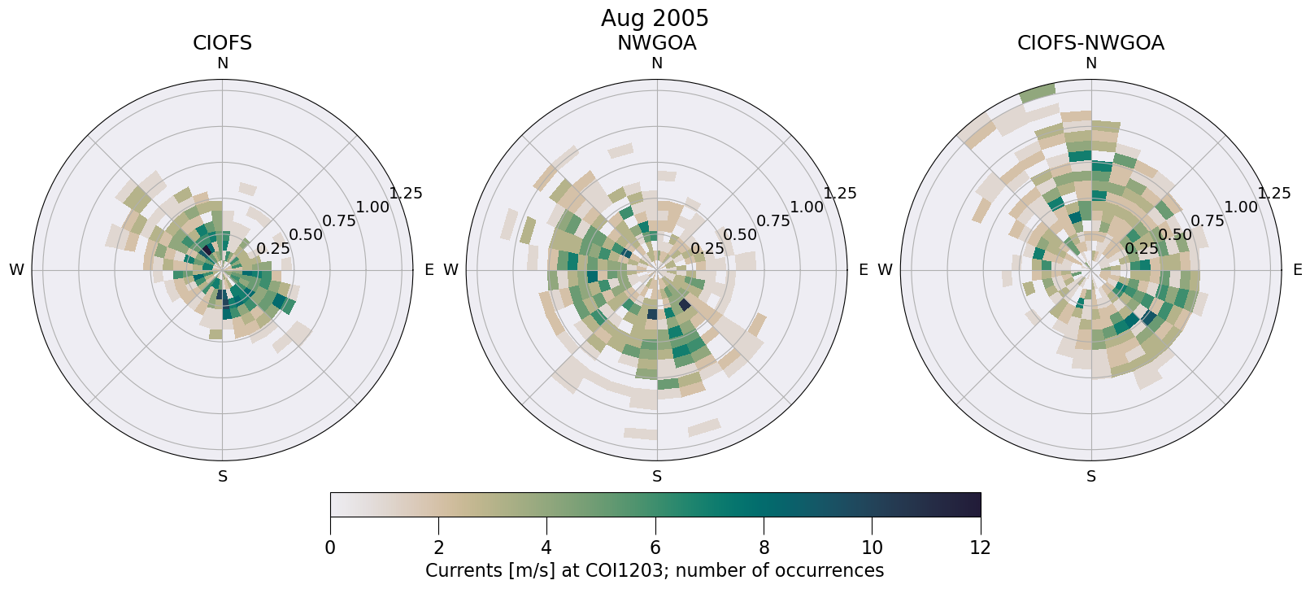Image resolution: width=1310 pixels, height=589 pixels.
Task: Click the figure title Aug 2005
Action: click(655, 18)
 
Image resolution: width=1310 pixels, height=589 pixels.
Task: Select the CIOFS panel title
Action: click(222, 43)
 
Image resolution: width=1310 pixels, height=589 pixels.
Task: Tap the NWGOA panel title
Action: click(656, 43)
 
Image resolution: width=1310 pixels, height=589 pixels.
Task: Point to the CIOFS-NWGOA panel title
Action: click(1090, 43)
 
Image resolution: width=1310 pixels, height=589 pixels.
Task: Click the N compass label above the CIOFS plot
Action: click(223, 63)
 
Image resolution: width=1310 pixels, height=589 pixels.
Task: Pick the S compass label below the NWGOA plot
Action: click(657, 477)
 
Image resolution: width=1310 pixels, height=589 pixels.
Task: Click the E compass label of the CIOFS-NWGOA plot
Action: click(1298, 270)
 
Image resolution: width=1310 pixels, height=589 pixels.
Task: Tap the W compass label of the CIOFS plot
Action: click(16, 270)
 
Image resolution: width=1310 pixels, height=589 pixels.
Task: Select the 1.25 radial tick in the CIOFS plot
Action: click(406, 194)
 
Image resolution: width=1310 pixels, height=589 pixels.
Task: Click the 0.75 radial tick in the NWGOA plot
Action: click(773, 220)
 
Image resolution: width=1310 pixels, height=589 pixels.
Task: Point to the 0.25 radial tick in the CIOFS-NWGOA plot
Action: click(1142, 248)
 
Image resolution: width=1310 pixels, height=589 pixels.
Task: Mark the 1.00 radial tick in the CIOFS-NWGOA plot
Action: click(1241, 207)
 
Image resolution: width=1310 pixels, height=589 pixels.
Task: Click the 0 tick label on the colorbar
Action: click(330, 548)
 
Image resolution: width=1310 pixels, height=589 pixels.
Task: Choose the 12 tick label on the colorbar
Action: click(981, 548)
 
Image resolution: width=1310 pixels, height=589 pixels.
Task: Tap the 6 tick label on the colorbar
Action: click(655, 548)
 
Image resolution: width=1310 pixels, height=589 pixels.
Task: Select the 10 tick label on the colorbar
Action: click(872, 548)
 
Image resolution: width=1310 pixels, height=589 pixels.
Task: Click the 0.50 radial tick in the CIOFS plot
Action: click(306, 235)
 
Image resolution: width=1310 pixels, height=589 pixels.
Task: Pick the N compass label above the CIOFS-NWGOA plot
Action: click(1091, 63)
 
